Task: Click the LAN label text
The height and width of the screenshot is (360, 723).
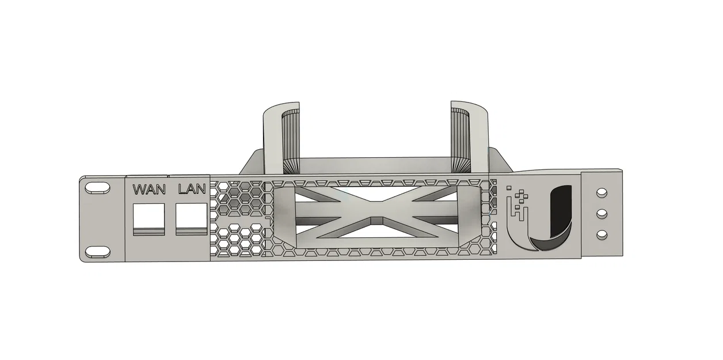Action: click(x=192, y=189)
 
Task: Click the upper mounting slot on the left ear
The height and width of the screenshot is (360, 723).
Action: click(x=97, y=188)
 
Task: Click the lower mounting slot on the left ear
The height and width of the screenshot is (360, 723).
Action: click(x=97, y=252)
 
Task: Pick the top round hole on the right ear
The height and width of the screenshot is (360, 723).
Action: click(x=602, y=192)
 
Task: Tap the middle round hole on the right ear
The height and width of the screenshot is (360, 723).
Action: click(x=602, y=213)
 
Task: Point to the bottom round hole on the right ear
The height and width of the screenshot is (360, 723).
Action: click(x=602, y=234)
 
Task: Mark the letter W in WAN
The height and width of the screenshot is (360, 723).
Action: click(x=139, y=189)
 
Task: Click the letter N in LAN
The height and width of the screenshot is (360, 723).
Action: click(x=201, y=189)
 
